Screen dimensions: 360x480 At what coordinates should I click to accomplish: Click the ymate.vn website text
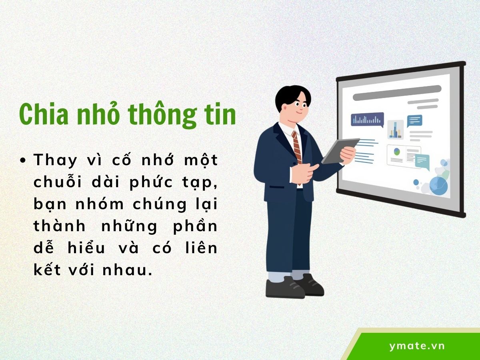pyautogui.click(x=417, y=346)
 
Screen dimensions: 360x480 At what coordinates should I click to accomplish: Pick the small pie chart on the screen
pyautogui.click(x=397, y=152)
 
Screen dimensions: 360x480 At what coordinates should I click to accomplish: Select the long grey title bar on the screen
pyautogui.click(x=396, y=93)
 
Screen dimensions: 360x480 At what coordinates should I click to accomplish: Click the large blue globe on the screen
pyautogui.click(x=438, y=185)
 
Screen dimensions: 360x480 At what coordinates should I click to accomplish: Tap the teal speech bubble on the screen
pyautogui.click(x=414, y=120)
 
